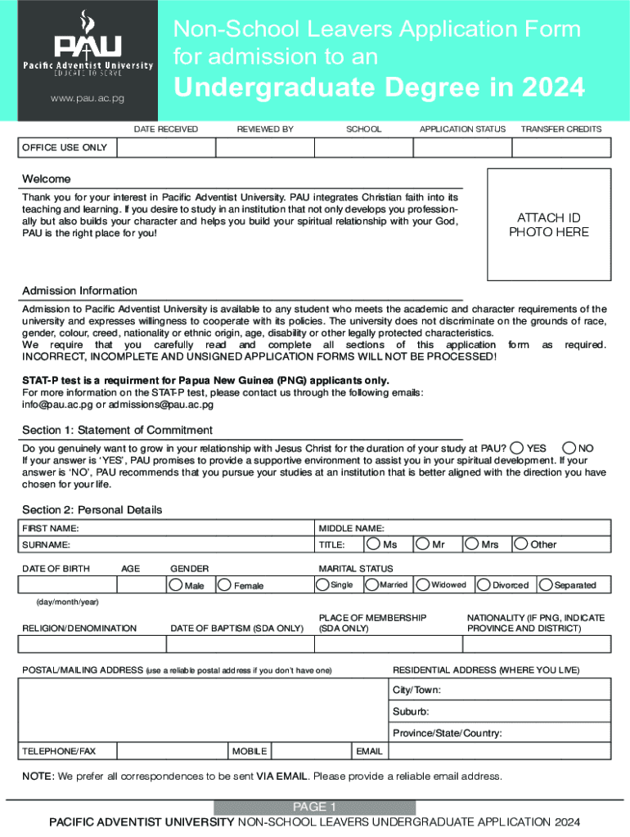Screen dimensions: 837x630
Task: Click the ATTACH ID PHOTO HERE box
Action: point(548,225)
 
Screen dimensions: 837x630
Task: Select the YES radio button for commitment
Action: point(516,448)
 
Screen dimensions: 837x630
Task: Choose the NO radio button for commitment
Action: point(569,448)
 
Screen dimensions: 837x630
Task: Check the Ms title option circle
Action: point(373,543)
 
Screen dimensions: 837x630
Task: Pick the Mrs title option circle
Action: point(471,543)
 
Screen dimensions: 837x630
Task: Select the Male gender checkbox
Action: point(175,584)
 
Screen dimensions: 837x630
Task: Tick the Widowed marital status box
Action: point(423,584)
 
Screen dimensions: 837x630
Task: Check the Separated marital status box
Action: point(546,584)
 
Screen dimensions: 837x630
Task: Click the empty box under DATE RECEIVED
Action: point(167,148)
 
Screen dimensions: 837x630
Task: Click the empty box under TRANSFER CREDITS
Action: point(561,148)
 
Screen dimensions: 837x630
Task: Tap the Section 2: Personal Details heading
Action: point(92,509)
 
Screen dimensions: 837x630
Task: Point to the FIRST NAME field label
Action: point(51,528)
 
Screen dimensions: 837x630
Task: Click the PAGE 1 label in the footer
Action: point(314,807)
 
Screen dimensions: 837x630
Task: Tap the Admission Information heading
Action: point(79,291)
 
